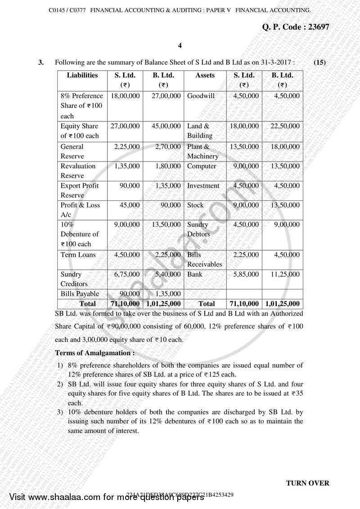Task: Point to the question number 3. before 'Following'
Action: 41,63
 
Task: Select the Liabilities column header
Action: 82,76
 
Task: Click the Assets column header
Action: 205,76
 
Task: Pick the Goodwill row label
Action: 201,96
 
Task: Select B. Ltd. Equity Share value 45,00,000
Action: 164,126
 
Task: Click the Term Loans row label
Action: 78,255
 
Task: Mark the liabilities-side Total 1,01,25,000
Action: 164,304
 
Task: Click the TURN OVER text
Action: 307,483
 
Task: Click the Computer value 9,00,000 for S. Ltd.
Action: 246,166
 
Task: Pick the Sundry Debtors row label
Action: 198,229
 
